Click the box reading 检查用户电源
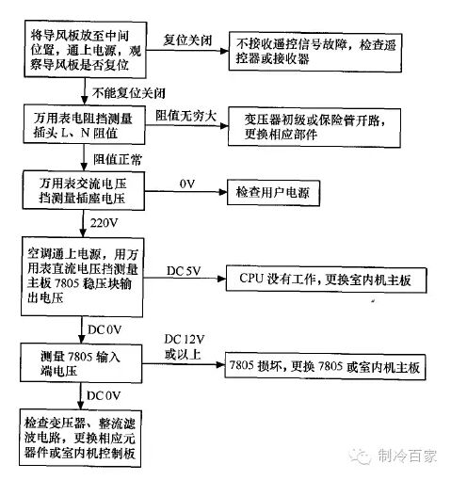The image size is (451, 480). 273,193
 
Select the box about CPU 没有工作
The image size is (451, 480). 326,280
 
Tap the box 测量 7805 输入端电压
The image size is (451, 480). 81,363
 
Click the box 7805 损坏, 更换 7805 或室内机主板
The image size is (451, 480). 325,366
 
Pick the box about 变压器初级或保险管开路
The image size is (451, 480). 314,127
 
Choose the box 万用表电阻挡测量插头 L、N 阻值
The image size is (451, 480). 84,125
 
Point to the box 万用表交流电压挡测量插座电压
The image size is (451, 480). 84,190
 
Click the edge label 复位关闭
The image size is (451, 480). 187,40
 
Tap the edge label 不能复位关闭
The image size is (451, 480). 128,93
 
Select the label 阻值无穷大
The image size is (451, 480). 185,116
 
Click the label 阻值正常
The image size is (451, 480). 118,159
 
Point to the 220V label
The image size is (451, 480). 104,223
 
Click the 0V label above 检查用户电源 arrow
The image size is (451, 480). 187,184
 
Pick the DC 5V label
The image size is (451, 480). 184,271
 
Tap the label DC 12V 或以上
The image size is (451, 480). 185,346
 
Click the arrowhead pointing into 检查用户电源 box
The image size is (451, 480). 222,192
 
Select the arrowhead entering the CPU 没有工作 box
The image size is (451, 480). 221,279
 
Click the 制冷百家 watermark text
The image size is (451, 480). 407,456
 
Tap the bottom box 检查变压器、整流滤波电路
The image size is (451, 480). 80,438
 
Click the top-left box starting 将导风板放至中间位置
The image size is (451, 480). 86,49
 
